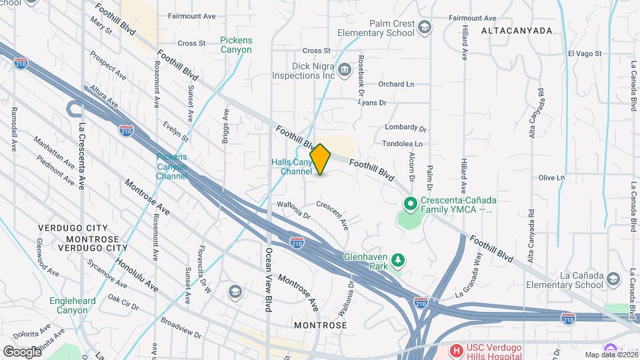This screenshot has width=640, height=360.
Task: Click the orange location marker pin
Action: pos(321,159)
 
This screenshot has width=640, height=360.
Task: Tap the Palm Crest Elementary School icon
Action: pos(425,27)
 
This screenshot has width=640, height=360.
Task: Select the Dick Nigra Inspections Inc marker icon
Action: pos(344,69)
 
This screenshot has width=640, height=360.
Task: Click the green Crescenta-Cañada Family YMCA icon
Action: pos(411,203)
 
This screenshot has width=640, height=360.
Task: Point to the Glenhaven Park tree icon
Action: pos(398,259)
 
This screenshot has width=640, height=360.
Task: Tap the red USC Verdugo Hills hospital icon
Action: pos(457,350)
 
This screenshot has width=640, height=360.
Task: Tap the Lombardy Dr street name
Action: pos(405,127)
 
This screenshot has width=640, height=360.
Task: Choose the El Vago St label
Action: pos(585,53)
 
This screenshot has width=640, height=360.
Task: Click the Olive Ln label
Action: pos(551,178)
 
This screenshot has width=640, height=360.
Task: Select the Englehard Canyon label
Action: pos(73,305)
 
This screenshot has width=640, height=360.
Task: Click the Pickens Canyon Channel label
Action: pos(171,167)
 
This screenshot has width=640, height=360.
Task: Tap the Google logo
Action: pos(21,351)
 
